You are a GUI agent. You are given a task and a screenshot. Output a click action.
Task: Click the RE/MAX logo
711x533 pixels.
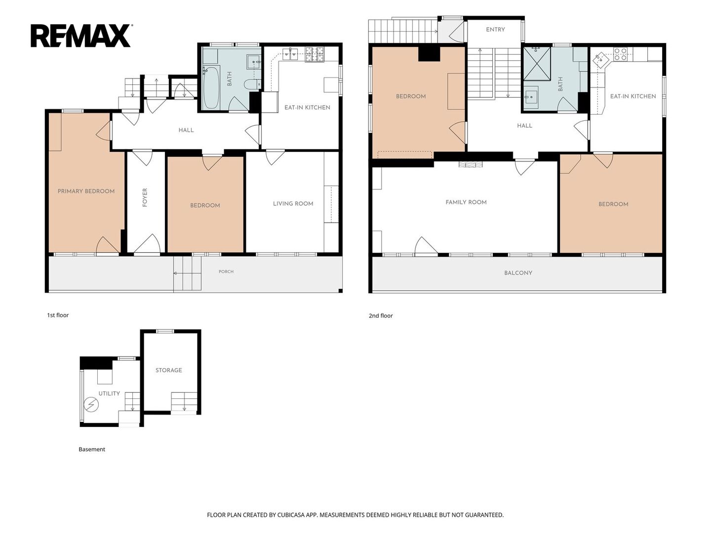(x=81, y=36)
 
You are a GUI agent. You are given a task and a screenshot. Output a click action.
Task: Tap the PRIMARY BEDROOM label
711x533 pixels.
(x=86, y=191)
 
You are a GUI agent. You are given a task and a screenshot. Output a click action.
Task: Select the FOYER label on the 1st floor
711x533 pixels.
(x=145, y=197)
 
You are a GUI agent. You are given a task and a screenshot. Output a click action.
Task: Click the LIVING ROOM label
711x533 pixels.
(x=293, y=203)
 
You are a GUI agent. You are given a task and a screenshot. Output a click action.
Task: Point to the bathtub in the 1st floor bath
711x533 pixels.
(x=211, y=87)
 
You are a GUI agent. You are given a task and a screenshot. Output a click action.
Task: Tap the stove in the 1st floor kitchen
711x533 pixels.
(x=315, y=54)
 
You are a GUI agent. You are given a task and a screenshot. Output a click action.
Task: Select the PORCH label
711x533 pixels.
(x=226, y=271)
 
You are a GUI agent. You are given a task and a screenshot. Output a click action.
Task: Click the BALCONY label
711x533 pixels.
(x=518, y=273)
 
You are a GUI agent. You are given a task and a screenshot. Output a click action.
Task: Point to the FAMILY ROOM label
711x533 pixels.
(x=466, y=202)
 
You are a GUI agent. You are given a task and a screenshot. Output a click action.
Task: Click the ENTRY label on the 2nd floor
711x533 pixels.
(x=496, y=30)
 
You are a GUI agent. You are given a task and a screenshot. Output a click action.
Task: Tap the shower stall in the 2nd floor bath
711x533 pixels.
(x=537, y=64)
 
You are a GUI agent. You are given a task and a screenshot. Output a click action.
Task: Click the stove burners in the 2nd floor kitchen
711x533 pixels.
(x=621, y=54)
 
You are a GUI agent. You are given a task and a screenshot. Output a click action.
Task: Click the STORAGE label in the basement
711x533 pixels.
(x=169, y=370)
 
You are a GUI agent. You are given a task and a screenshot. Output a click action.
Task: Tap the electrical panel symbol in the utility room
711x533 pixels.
(x=90, y=405)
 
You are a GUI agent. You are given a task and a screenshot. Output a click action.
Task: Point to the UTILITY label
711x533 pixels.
(x=109, y=393)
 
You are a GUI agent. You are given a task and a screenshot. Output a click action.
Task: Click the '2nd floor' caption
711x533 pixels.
(x=381, y=315)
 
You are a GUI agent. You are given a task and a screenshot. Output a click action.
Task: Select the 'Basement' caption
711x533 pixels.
(x=92, y=449)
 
